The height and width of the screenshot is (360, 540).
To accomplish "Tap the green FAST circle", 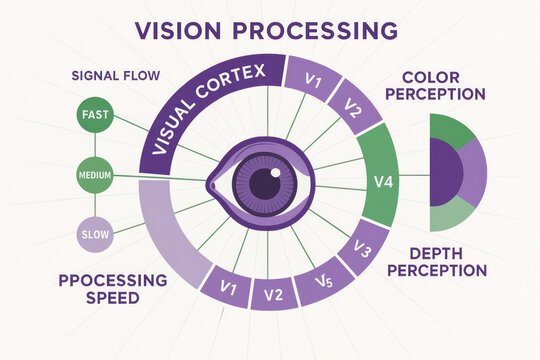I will (x=95, y=115).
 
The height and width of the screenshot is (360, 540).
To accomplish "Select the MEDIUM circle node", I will (x=95, y=176).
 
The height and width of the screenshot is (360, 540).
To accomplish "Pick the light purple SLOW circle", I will (x=95, y=235).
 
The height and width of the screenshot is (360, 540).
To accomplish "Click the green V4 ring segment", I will (x=380, y=181).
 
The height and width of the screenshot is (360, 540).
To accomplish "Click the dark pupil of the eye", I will (x=264, y=183).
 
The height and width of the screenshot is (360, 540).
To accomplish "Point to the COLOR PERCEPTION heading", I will (x=443, y=86).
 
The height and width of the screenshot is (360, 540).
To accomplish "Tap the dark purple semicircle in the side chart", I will (x=445, y=171).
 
